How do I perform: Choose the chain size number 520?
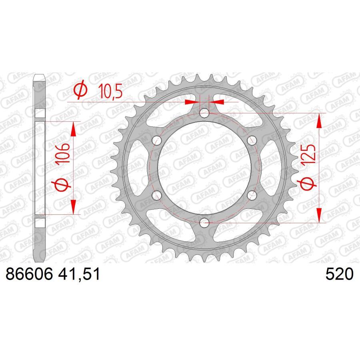tap(340, 275)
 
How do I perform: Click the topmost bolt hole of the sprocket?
tap(204, 113)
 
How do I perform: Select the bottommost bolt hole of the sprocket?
tap(204, 222)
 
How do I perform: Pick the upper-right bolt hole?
tap(252, 140)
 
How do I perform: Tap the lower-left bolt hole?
tap(157, 195)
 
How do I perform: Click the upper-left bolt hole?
tap(157, 140)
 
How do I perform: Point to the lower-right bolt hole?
tap(252, 195)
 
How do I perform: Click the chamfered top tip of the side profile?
tap(39, 77)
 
